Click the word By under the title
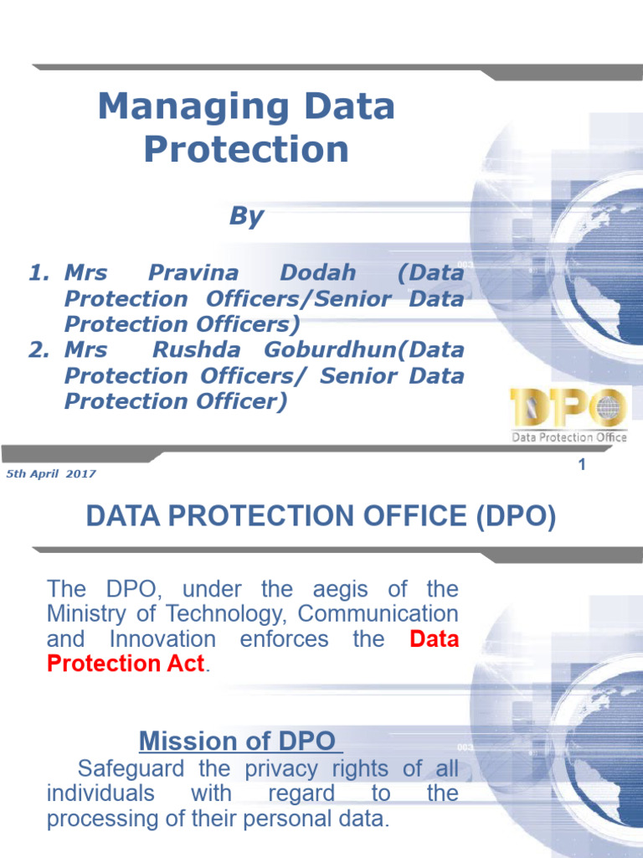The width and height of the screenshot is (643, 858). pos(246,216)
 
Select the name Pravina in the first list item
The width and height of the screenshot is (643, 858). pos(193,273)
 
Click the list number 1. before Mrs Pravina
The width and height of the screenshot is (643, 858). pos(39,273)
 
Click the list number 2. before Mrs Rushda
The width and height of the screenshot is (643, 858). pos(39,350)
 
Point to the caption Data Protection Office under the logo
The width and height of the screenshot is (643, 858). pos(569,437)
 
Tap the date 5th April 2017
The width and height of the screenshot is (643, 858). pos(51,474)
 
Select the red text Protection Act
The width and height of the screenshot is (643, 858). pos(126,664)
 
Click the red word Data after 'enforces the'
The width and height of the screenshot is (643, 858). pos(435,639)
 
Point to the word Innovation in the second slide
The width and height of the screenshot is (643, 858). pos(162,639)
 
